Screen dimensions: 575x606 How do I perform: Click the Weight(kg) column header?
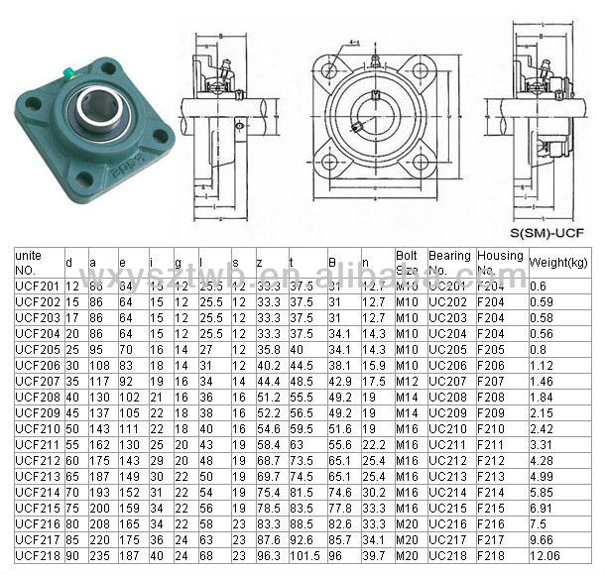click(560, 263)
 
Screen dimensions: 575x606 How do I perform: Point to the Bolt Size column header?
click(409, 263)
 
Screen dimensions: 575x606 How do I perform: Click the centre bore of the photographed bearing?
click(96, 105)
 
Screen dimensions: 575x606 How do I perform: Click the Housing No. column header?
click(500, 263)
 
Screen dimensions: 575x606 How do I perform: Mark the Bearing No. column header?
click(449, 263)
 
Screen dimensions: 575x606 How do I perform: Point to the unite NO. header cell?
click(33, 263)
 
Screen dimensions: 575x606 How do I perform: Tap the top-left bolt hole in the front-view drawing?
click(326, 68)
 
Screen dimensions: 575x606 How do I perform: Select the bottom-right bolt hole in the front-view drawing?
click(421, 163)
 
